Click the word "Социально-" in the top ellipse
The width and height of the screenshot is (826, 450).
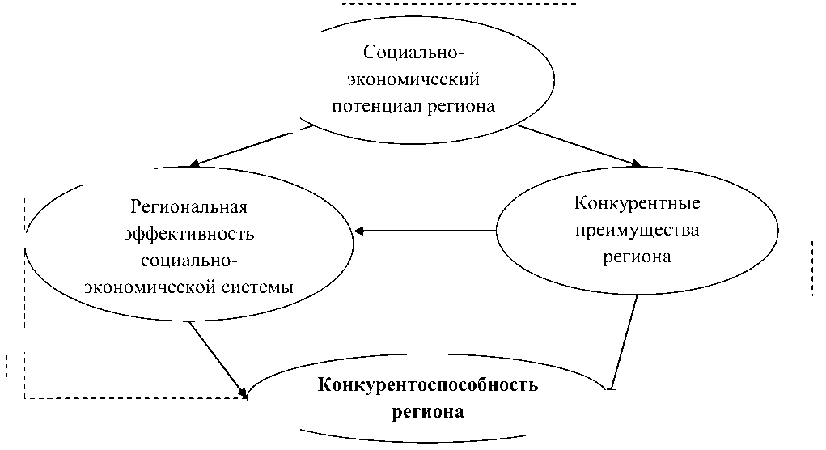click(415, 53)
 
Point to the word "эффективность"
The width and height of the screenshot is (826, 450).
click(189, 234)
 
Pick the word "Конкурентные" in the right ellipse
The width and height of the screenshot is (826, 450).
click(637, 202)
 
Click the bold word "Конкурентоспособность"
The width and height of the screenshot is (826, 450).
click(428, 384)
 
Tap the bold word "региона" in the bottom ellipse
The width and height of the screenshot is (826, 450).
click(428, 411)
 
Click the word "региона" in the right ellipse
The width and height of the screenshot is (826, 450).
click(636, 257)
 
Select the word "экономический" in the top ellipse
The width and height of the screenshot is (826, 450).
click(414, 79)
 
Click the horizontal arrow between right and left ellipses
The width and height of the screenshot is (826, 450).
click(425, 231)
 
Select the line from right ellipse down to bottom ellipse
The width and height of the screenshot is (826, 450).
click(625, 340)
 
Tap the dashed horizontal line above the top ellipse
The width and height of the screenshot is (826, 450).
click(459, 5)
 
